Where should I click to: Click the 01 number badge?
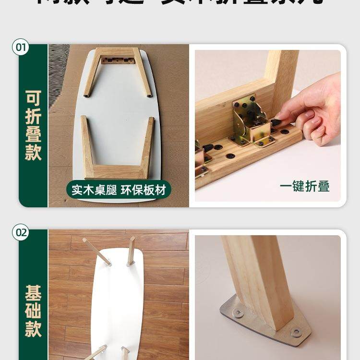pos(22,48)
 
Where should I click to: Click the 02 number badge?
pos(22,233)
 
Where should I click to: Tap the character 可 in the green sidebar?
pos(33,98)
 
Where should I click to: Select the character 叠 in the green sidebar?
pos(33,134)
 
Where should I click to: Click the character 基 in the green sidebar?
pos(33,293)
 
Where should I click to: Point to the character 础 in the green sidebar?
pos(33,312)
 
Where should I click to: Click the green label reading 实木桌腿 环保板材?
pos(118,190)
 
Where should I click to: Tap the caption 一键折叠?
pos(304,186)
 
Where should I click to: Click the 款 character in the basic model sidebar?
pos(33,330)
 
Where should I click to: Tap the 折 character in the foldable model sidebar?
pos(33,116)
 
